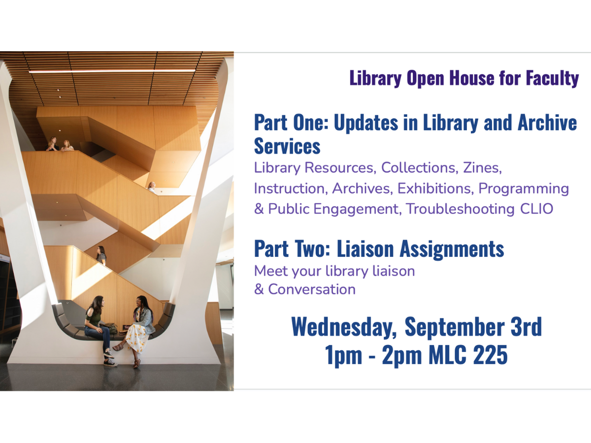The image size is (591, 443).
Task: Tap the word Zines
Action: [482, 168]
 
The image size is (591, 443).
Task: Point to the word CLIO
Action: [536, 209]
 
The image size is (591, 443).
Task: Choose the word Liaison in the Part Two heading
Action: [365, 249]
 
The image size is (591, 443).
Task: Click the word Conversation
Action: [312, 289]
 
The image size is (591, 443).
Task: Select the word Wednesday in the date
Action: [344, 327]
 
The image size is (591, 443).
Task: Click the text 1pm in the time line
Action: [343, 356]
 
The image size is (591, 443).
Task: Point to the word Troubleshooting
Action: [460, 209]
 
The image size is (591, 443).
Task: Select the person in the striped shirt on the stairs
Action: [101, 255]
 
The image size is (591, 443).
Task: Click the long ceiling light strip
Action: [112, 71]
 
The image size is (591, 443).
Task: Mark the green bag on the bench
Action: [110, 328]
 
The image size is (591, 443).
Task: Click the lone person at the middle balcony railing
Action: [152, 187]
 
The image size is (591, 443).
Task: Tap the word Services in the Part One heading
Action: [287, 147]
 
